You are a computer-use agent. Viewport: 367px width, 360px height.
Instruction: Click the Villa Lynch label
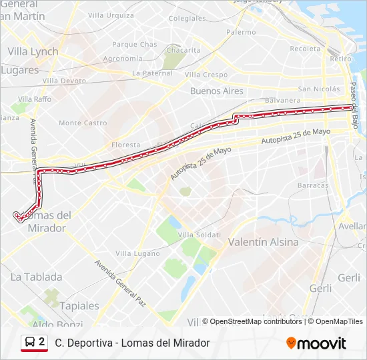tap(33, 51)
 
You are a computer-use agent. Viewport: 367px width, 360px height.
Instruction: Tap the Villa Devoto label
tap(65, 81)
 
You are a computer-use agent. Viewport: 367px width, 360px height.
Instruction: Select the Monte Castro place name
tap(83, 123)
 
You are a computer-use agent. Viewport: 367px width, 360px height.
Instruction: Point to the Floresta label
tap(126, 145)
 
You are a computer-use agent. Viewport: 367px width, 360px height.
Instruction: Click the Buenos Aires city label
tap(217, 91)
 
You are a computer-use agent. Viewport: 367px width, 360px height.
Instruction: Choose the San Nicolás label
tap(318, 89)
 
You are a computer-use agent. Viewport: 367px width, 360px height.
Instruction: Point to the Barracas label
tap(313, 185)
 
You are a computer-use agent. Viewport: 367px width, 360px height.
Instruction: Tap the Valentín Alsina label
tap(264, 242)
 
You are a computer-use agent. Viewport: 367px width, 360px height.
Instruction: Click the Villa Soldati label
tap(200, 234)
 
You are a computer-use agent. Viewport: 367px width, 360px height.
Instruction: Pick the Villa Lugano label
tap(133, 253)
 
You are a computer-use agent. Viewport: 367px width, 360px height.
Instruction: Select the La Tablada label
tap(37, 277)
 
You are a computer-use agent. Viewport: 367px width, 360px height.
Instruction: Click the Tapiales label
tap(79, 306)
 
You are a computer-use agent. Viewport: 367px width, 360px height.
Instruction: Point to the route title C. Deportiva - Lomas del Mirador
tap(132, 343)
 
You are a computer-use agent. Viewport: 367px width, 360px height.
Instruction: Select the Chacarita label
tap(183, 50)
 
